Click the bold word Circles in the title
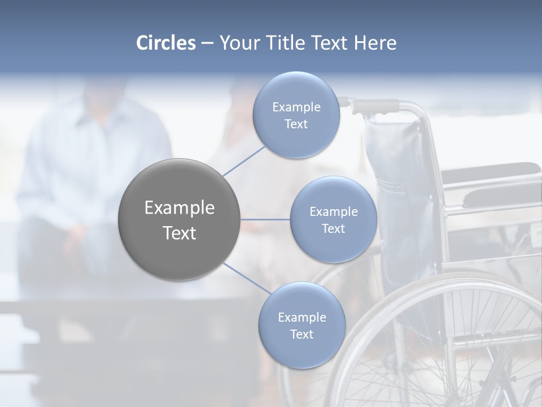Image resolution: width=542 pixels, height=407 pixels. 166,43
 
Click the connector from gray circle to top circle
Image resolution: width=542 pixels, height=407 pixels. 244,161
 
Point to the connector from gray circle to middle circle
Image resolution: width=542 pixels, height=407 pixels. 265,219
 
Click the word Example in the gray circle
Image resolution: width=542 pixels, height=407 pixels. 179,208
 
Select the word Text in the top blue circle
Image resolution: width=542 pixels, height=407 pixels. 296,124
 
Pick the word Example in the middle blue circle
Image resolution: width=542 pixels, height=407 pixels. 333,212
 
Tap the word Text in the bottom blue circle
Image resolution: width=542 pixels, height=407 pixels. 301,334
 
